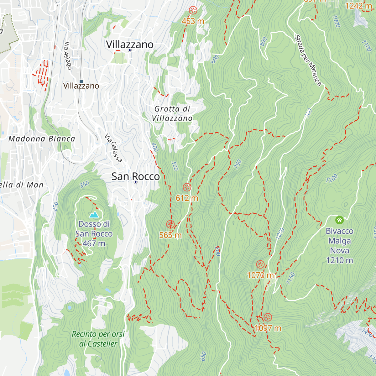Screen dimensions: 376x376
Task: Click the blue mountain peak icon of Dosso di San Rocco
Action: (x=94, y=215)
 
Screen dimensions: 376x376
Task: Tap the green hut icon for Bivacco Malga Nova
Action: (x=339, y=220)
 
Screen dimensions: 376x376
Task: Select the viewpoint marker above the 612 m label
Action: (x=187, y=187)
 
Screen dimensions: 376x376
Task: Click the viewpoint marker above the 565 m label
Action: (x=170, y=224)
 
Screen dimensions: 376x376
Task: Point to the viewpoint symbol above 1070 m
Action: (x=260, y=264)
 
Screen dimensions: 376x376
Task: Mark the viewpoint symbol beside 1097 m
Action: (x=268, y=317)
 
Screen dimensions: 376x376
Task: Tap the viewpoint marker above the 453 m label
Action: (x=193, y=10)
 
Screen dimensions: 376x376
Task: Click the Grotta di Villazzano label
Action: (x=172, y=113)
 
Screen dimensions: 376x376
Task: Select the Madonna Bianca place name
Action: (x=42, y=139)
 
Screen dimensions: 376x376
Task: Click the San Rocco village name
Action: (x=136, y=176)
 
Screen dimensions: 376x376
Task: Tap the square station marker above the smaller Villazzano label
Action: (x=81, y=81)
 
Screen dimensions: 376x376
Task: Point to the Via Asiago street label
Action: (x=68, y=56)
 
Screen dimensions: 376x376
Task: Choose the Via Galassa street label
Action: (x=113, y=148)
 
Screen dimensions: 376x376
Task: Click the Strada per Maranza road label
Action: (x=308, y=60)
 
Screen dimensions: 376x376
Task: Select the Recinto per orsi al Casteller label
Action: (x=98, y=339)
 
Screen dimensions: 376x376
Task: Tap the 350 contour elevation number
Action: (x=84, y=185)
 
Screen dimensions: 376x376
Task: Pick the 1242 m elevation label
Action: (x=358, y=6)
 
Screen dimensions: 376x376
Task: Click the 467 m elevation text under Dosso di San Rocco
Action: (x=94, y=243)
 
